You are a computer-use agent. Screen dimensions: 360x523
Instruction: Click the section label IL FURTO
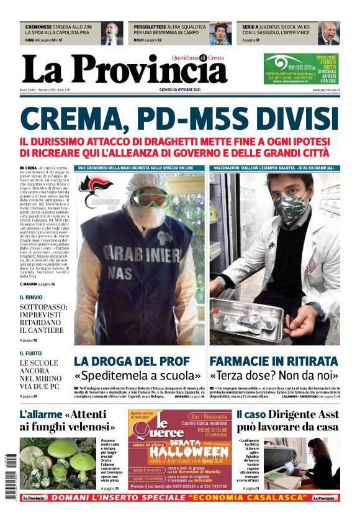tap(30, 353)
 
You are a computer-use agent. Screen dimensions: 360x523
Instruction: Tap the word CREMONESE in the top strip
tap(41, 27)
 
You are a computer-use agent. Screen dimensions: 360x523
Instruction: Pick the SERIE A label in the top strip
tap(251, 27)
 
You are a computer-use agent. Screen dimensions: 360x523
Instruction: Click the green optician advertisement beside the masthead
tap(301, 68)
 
